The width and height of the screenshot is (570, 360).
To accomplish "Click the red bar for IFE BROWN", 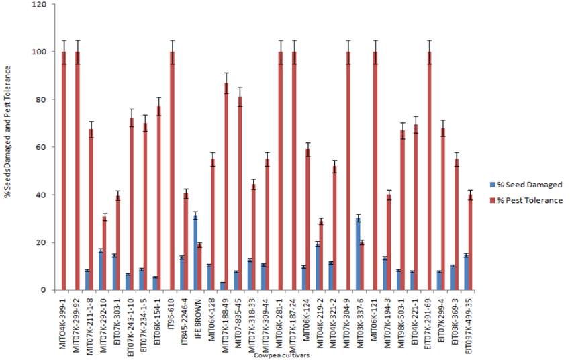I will pyautogui.click(x=199, y=267).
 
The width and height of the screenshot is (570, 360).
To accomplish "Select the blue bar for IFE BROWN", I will pyautogui.click(x=195, y=253).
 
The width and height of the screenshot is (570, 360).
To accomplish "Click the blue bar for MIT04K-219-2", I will pyautogui.click(x=318, y=267).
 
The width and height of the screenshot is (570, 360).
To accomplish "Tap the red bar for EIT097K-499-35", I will pyautogui.click(x=470, y=242).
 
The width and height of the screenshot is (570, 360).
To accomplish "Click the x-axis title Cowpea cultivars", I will pyautogui.click(x=281, y=355).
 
